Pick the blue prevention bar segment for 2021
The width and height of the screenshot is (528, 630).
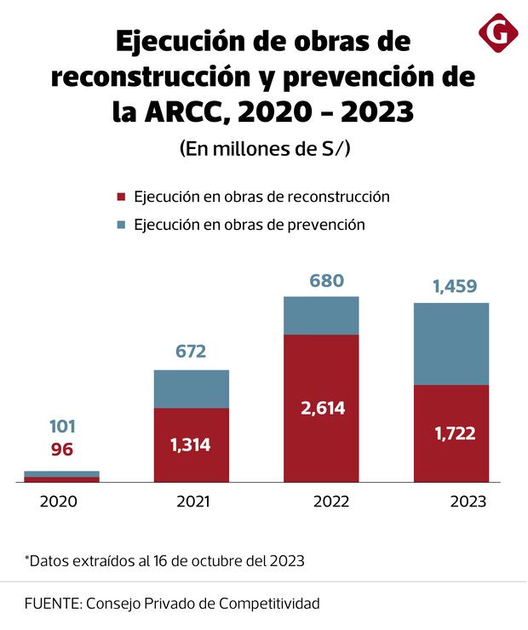tap(192, 389)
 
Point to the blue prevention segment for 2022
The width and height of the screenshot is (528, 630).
tap(321, 315)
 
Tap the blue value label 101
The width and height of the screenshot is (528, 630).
tap(62, 427)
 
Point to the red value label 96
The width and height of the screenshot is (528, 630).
tap(62, 450)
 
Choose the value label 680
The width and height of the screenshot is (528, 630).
tap(327, 281)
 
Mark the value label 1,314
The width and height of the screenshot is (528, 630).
tap(191, 444)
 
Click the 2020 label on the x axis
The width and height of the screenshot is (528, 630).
tap(59, 501)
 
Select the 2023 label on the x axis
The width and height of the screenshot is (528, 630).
tap(468, 501)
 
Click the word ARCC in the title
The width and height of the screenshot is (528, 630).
tap(179, 112)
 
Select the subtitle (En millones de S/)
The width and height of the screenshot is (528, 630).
tap(265, 148)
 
